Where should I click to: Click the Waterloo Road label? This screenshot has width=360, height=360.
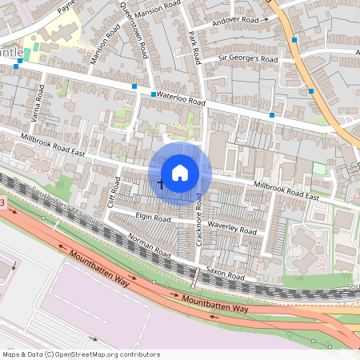[182, 98]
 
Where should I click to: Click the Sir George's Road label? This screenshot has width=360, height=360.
[248, 59]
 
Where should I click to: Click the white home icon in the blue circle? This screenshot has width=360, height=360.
[180, 172]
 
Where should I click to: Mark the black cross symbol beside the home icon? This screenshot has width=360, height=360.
[160, 185]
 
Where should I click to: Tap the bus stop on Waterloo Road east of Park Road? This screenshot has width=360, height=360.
[273, 116]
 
